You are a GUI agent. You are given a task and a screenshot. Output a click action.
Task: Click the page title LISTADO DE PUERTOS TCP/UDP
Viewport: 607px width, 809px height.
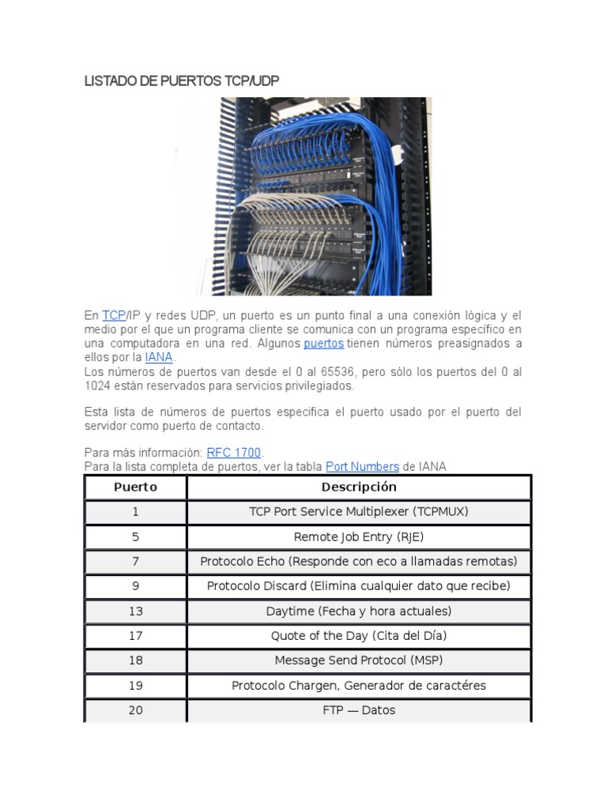182,81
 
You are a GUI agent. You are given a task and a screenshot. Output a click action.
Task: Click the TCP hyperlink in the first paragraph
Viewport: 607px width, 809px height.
114,315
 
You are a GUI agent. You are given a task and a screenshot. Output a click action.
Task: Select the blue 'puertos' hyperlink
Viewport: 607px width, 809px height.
323,344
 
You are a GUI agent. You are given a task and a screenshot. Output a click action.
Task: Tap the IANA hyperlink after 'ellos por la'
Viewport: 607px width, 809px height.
158,358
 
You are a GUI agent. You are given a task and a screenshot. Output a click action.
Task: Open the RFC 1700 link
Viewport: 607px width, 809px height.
233,453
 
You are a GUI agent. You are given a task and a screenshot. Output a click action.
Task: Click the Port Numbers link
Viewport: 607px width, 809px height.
362,467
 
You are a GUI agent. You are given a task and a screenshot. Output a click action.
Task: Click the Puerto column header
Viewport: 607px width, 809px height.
135,487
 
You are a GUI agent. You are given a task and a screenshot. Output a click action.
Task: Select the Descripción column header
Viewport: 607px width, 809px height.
359,487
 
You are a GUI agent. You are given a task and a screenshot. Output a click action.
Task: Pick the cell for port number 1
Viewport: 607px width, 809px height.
135,512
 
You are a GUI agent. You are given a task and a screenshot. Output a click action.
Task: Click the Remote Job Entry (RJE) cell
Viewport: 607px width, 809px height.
359,536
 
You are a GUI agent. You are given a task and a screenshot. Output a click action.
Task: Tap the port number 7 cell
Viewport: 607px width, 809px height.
135,562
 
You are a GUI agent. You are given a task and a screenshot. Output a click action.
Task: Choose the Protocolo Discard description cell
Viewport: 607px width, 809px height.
359,586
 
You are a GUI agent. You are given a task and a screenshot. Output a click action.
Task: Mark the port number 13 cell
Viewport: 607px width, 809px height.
135,611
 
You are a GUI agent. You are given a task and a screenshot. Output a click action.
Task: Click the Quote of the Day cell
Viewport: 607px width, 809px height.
359,636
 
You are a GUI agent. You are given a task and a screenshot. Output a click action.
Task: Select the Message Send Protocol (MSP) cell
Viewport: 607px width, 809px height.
359,660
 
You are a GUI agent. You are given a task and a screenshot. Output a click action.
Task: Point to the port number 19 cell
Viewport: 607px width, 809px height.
135,686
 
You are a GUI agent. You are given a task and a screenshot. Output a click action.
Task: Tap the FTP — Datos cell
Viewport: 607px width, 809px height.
359,710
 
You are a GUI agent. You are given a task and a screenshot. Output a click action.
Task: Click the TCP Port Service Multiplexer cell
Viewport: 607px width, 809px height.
359,512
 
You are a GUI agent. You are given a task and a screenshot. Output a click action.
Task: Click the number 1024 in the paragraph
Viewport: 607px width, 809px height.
99,386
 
